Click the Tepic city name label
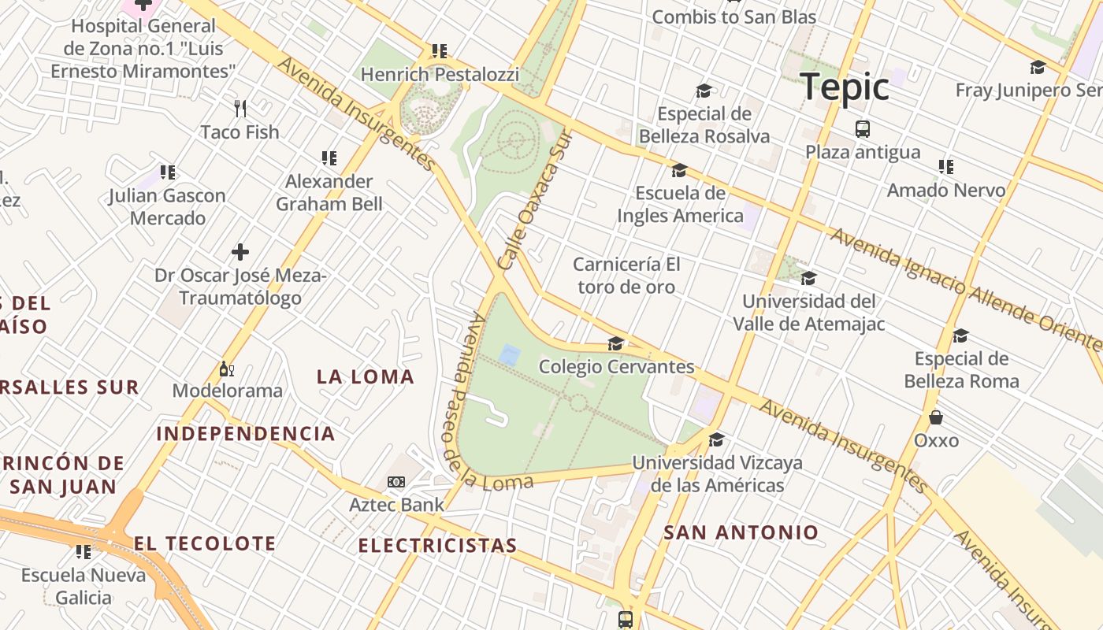pos(845,86)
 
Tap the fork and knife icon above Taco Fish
pos(240,108)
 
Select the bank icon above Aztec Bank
pos(396,481)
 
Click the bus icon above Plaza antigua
pos(863,128)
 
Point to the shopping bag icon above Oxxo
pos(936,417)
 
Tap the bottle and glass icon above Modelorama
pos(227,369)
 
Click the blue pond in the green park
pos(510,355)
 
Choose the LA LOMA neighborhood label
pos(366,376)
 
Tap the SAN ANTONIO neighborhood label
pos(741,532)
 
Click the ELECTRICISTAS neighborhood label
pos(437,545)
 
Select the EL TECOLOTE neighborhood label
pos(205,543)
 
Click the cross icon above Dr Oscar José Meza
pos(240,252)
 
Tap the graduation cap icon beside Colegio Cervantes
pos(615,344)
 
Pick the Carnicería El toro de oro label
pos(627,275)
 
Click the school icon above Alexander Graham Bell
pos(329,158)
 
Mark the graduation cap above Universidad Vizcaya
pos(716,439)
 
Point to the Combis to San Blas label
pos(733,17)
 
